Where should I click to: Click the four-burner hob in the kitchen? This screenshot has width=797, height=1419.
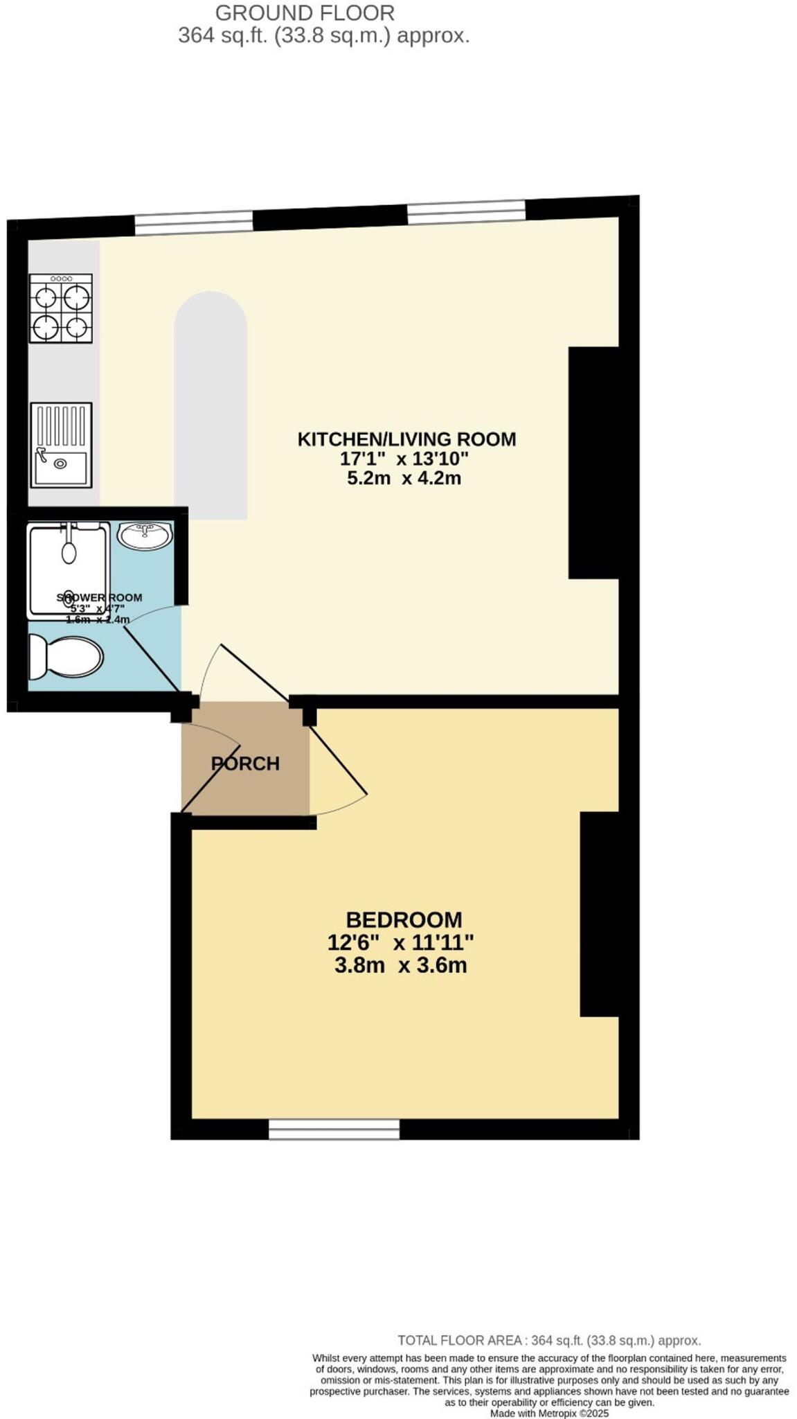coord(60,308)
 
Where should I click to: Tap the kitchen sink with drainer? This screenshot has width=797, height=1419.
coord(61,444)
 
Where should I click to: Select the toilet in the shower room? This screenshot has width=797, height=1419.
coord(65,656)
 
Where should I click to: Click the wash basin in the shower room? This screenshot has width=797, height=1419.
coord(144,536)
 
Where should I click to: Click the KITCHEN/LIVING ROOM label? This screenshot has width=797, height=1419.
coord(406,439)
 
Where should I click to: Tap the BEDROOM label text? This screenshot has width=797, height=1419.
coord(404,919)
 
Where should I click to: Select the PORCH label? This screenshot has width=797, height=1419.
coord(245,764)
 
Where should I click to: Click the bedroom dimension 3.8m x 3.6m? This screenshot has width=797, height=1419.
coord(400,965)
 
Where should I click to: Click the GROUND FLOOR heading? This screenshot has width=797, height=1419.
coord(305,12)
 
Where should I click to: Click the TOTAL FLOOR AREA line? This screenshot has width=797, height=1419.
coord(548,1340)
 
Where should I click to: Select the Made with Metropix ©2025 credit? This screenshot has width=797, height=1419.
coord(549,1413)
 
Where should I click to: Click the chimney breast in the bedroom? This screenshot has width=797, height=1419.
coord(598,914)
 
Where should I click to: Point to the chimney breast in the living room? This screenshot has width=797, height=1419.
coord(593,462)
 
